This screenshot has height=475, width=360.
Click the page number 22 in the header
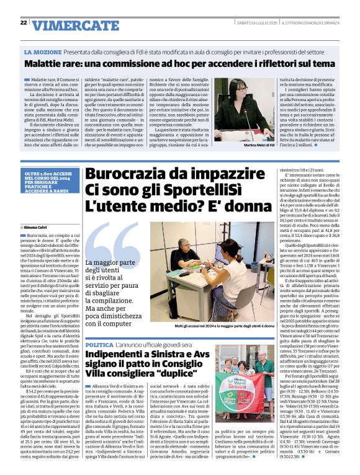click(x=23, y=23)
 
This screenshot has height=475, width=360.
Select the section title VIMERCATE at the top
click(x=67, y=25)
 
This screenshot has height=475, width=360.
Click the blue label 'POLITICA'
click(x=99, y=344)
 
